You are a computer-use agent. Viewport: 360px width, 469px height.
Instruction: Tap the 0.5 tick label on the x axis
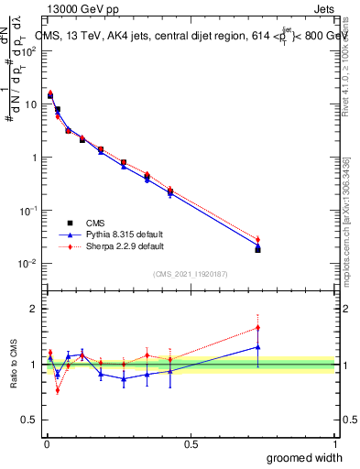(191, 443)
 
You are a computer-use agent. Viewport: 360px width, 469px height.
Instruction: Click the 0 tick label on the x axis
(46, 443)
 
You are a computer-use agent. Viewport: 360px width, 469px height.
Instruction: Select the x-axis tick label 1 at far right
(334, 443)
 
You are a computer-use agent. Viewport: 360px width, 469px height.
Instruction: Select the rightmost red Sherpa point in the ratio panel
(257, 327)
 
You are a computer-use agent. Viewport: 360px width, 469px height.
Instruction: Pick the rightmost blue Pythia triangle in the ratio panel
(257, 347)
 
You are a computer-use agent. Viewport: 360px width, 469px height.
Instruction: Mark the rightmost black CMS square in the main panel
(257, 249)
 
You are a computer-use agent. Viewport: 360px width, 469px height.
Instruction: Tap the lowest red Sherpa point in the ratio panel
(57, 390)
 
